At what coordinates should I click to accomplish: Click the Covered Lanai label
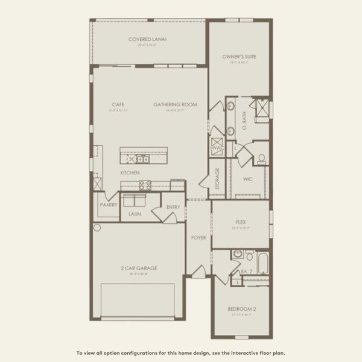point(147,40)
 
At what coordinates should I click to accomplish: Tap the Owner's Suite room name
point(239,57)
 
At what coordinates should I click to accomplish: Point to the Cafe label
point(118,104)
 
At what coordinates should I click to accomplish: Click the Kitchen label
point(130,173)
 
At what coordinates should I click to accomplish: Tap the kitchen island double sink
point(142,159)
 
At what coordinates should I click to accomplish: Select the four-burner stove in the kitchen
point(128,159)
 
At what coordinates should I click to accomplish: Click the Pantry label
point(108,204)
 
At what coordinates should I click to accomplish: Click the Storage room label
point(218,179)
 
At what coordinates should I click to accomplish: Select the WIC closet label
point(247,179)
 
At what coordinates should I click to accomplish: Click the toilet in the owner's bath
point(261,159)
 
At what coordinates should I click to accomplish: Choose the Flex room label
point(241,222)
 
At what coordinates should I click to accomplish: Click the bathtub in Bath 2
point(263,262)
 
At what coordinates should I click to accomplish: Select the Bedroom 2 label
point(240,308)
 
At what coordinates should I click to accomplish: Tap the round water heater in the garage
point(97,227)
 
